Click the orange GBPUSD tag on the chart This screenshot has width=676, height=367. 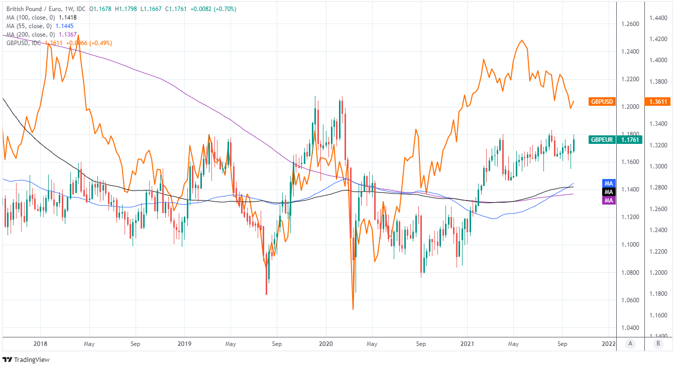[602, 101]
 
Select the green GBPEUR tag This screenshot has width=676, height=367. [602, 139]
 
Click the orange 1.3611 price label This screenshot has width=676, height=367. [657, 101]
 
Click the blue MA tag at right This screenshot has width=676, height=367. [609, 183]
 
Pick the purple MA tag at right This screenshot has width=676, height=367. [609, 201]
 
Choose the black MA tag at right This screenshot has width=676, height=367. [609, 192]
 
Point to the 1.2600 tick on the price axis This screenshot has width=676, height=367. [630, 24]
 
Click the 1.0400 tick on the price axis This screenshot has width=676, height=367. [630, 328]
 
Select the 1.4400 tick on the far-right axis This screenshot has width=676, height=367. [658, 18]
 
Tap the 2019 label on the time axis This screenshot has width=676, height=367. [184, 344]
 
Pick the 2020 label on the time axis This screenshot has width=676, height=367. [326, 344]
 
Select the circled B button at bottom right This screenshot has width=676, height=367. [658, 343]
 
